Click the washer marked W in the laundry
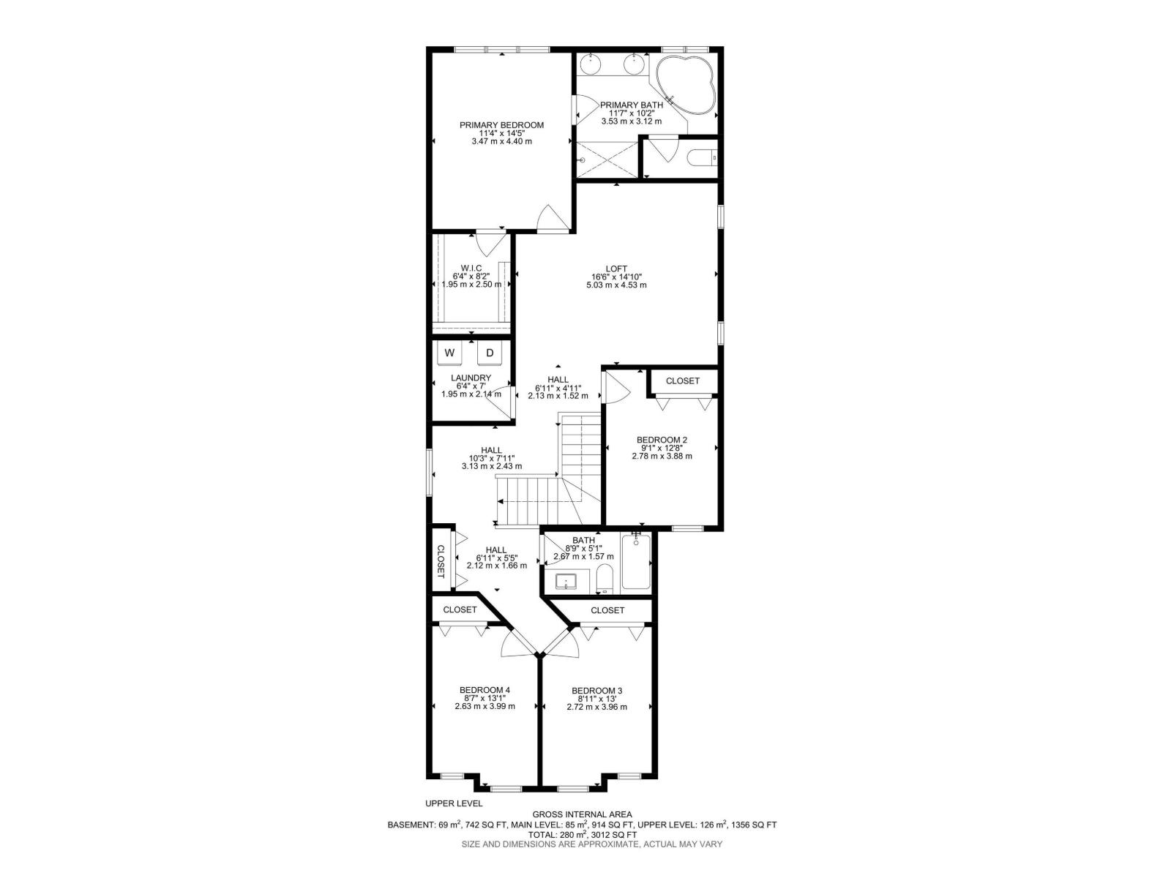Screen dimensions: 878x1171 pos(450,353)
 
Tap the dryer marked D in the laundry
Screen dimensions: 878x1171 pos(490,353)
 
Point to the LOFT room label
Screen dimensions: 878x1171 pos(616,269)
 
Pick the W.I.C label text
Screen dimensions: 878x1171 pos(471,268)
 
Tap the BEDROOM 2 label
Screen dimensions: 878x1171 pos(662,440)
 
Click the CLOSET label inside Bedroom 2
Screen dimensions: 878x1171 pos(682,381)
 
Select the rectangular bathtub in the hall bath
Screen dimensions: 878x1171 pos(635,564)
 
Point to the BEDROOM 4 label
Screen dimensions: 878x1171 pos(485,690)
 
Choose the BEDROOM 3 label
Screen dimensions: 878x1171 pos(596,691)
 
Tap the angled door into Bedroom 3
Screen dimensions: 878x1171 pos(562,641)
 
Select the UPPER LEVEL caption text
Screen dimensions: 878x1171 pos(454,803)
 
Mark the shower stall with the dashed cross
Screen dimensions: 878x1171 pos(607,157)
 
